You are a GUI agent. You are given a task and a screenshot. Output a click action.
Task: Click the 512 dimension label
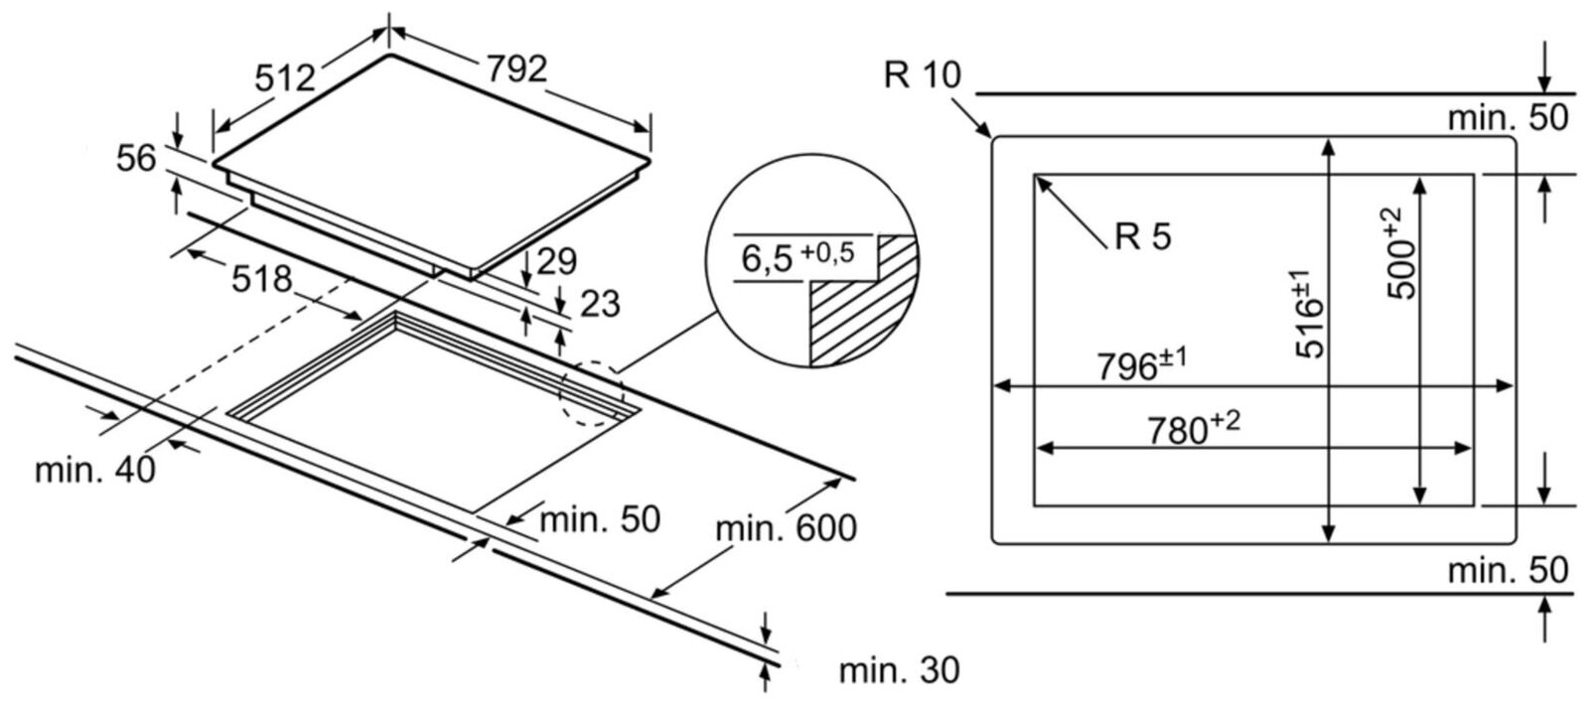[285, 77]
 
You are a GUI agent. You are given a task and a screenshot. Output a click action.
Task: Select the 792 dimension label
[516, 69]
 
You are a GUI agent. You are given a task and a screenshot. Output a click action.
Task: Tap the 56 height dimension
[136, 158]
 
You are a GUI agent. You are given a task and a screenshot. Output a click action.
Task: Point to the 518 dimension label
[261, 279]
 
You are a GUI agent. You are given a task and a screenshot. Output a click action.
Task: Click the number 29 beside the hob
[556, 261]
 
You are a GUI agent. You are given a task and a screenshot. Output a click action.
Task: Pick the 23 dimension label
[600, 304]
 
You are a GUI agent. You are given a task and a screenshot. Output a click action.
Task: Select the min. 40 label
[95, 470]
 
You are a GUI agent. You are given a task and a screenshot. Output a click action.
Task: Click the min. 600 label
[787, 528]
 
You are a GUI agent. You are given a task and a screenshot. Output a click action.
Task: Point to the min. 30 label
[899, 670]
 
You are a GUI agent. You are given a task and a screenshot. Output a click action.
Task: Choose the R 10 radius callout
[922, 74]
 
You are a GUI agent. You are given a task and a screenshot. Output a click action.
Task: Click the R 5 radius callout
[1143, 235]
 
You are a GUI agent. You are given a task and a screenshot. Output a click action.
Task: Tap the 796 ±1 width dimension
[1142, 365]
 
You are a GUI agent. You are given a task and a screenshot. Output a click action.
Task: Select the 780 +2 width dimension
[1194, 428]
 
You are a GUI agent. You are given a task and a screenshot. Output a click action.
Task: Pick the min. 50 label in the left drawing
[600, 519]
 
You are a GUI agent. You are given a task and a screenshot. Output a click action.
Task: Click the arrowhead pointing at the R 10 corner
[984, 129]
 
